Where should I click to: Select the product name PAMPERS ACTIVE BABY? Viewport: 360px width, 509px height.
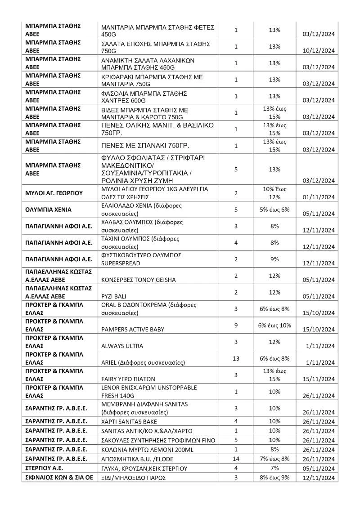[x=133, y=329]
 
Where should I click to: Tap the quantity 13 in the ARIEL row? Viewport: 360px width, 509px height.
[x=236, y=358]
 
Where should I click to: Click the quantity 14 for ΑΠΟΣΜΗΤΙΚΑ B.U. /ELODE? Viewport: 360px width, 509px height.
[x=236, y=458]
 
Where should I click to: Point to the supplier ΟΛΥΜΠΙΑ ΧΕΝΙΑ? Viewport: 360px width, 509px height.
[x=48, y=210]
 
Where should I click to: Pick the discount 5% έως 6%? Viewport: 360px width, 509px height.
[x=274, y=210]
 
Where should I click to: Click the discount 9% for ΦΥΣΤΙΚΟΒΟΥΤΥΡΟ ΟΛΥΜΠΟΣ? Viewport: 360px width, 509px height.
[x=274, y=259]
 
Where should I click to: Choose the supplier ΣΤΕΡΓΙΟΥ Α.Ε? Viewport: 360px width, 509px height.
[x=45, y=468]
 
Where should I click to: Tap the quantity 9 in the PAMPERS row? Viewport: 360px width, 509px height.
[x=236, y=325]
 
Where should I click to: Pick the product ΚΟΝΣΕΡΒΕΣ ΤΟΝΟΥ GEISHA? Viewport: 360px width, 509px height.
[x=139, y=279]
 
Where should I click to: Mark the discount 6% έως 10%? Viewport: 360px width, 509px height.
[x=274, y=325]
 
